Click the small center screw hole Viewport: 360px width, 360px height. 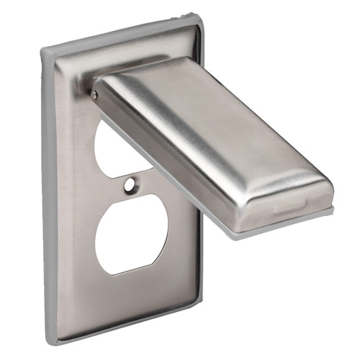tap(129, 185)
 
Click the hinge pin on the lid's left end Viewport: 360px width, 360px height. tap(94, 93)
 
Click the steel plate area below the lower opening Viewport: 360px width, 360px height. tap(133, 295)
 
